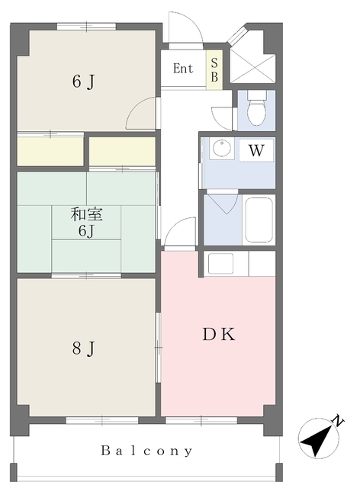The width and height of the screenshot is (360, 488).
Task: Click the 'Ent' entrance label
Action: (x=183, y=68)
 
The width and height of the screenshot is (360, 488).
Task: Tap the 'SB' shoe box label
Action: (x=214, y=70)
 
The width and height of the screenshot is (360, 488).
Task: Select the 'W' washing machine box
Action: (x=256, y=151)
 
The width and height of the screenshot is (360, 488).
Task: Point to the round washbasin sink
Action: (x=221, y=149)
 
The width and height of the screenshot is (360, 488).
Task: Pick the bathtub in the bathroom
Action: (x=259, y=220)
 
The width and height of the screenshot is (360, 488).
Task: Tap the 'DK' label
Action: (x=219, y=335)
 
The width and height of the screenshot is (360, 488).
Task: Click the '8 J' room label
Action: (x=83, y=348)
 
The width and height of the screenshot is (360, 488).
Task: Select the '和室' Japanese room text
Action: (x=86, y=214)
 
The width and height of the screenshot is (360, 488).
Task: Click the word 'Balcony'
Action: (x=146, y=451)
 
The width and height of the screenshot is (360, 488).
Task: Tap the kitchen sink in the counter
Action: (x=220, y=263)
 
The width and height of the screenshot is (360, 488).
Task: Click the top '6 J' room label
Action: (x=83, y=82)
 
